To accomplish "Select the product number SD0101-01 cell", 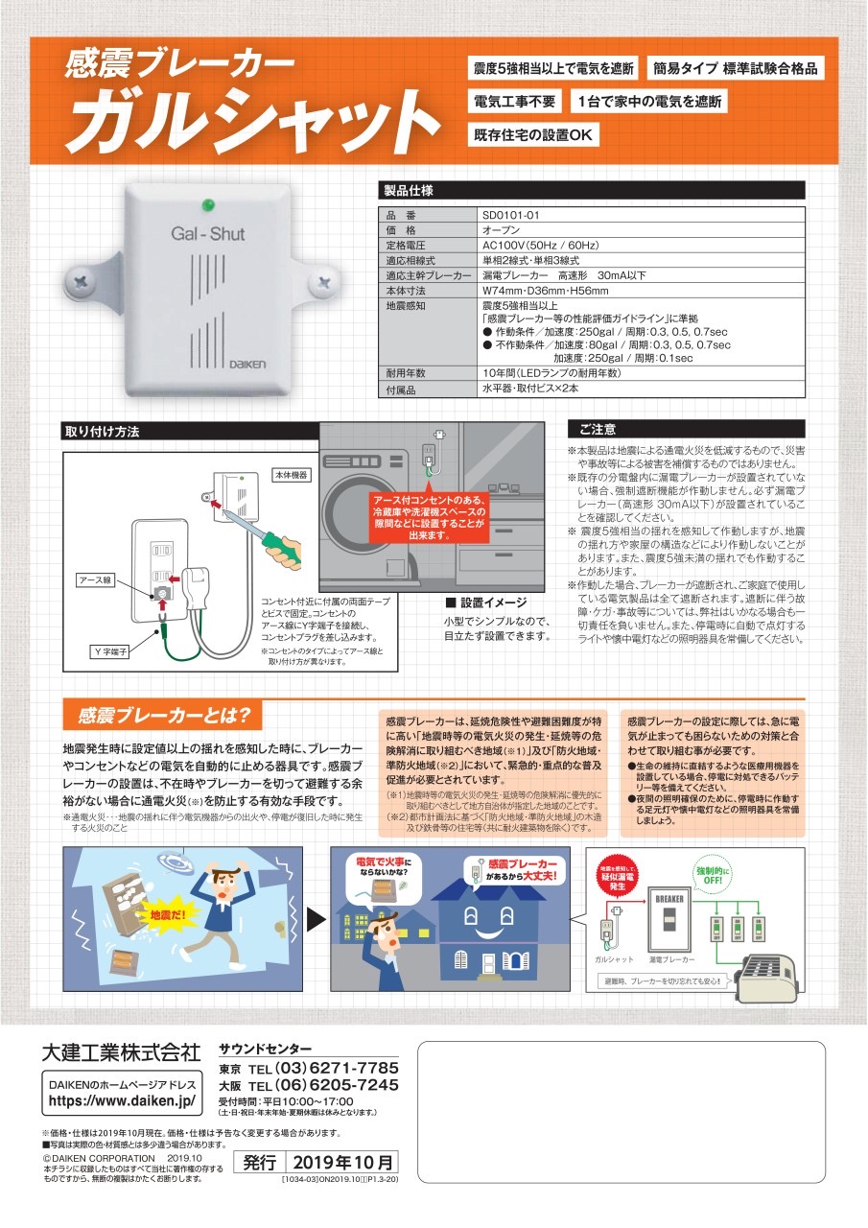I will pos(512,217).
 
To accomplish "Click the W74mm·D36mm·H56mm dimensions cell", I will pos(546,290).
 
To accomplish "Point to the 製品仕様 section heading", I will pos(409,190).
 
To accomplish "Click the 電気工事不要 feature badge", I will pos(515,102).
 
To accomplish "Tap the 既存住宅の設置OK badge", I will pos(533,135).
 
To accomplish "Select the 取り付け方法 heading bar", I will pos(102,432).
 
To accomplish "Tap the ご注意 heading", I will pos(598,429).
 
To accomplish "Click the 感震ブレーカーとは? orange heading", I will pos(163,715).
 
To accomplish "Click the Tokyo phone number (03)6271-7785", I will pos(337,1068).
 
